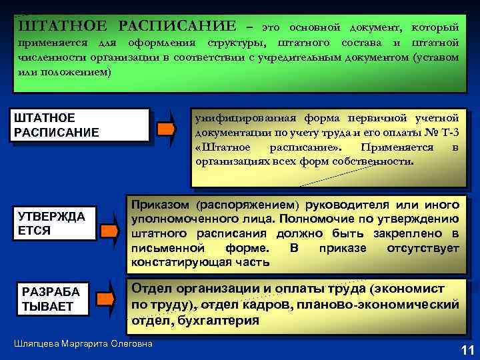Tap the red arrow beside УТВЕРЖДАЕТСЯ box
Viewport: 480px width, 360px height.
107,231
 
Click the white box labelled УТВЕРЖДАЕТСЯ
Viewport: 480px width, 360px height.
53,223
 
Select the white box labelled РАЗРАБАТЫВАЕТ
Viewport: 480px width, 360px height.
53,299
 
